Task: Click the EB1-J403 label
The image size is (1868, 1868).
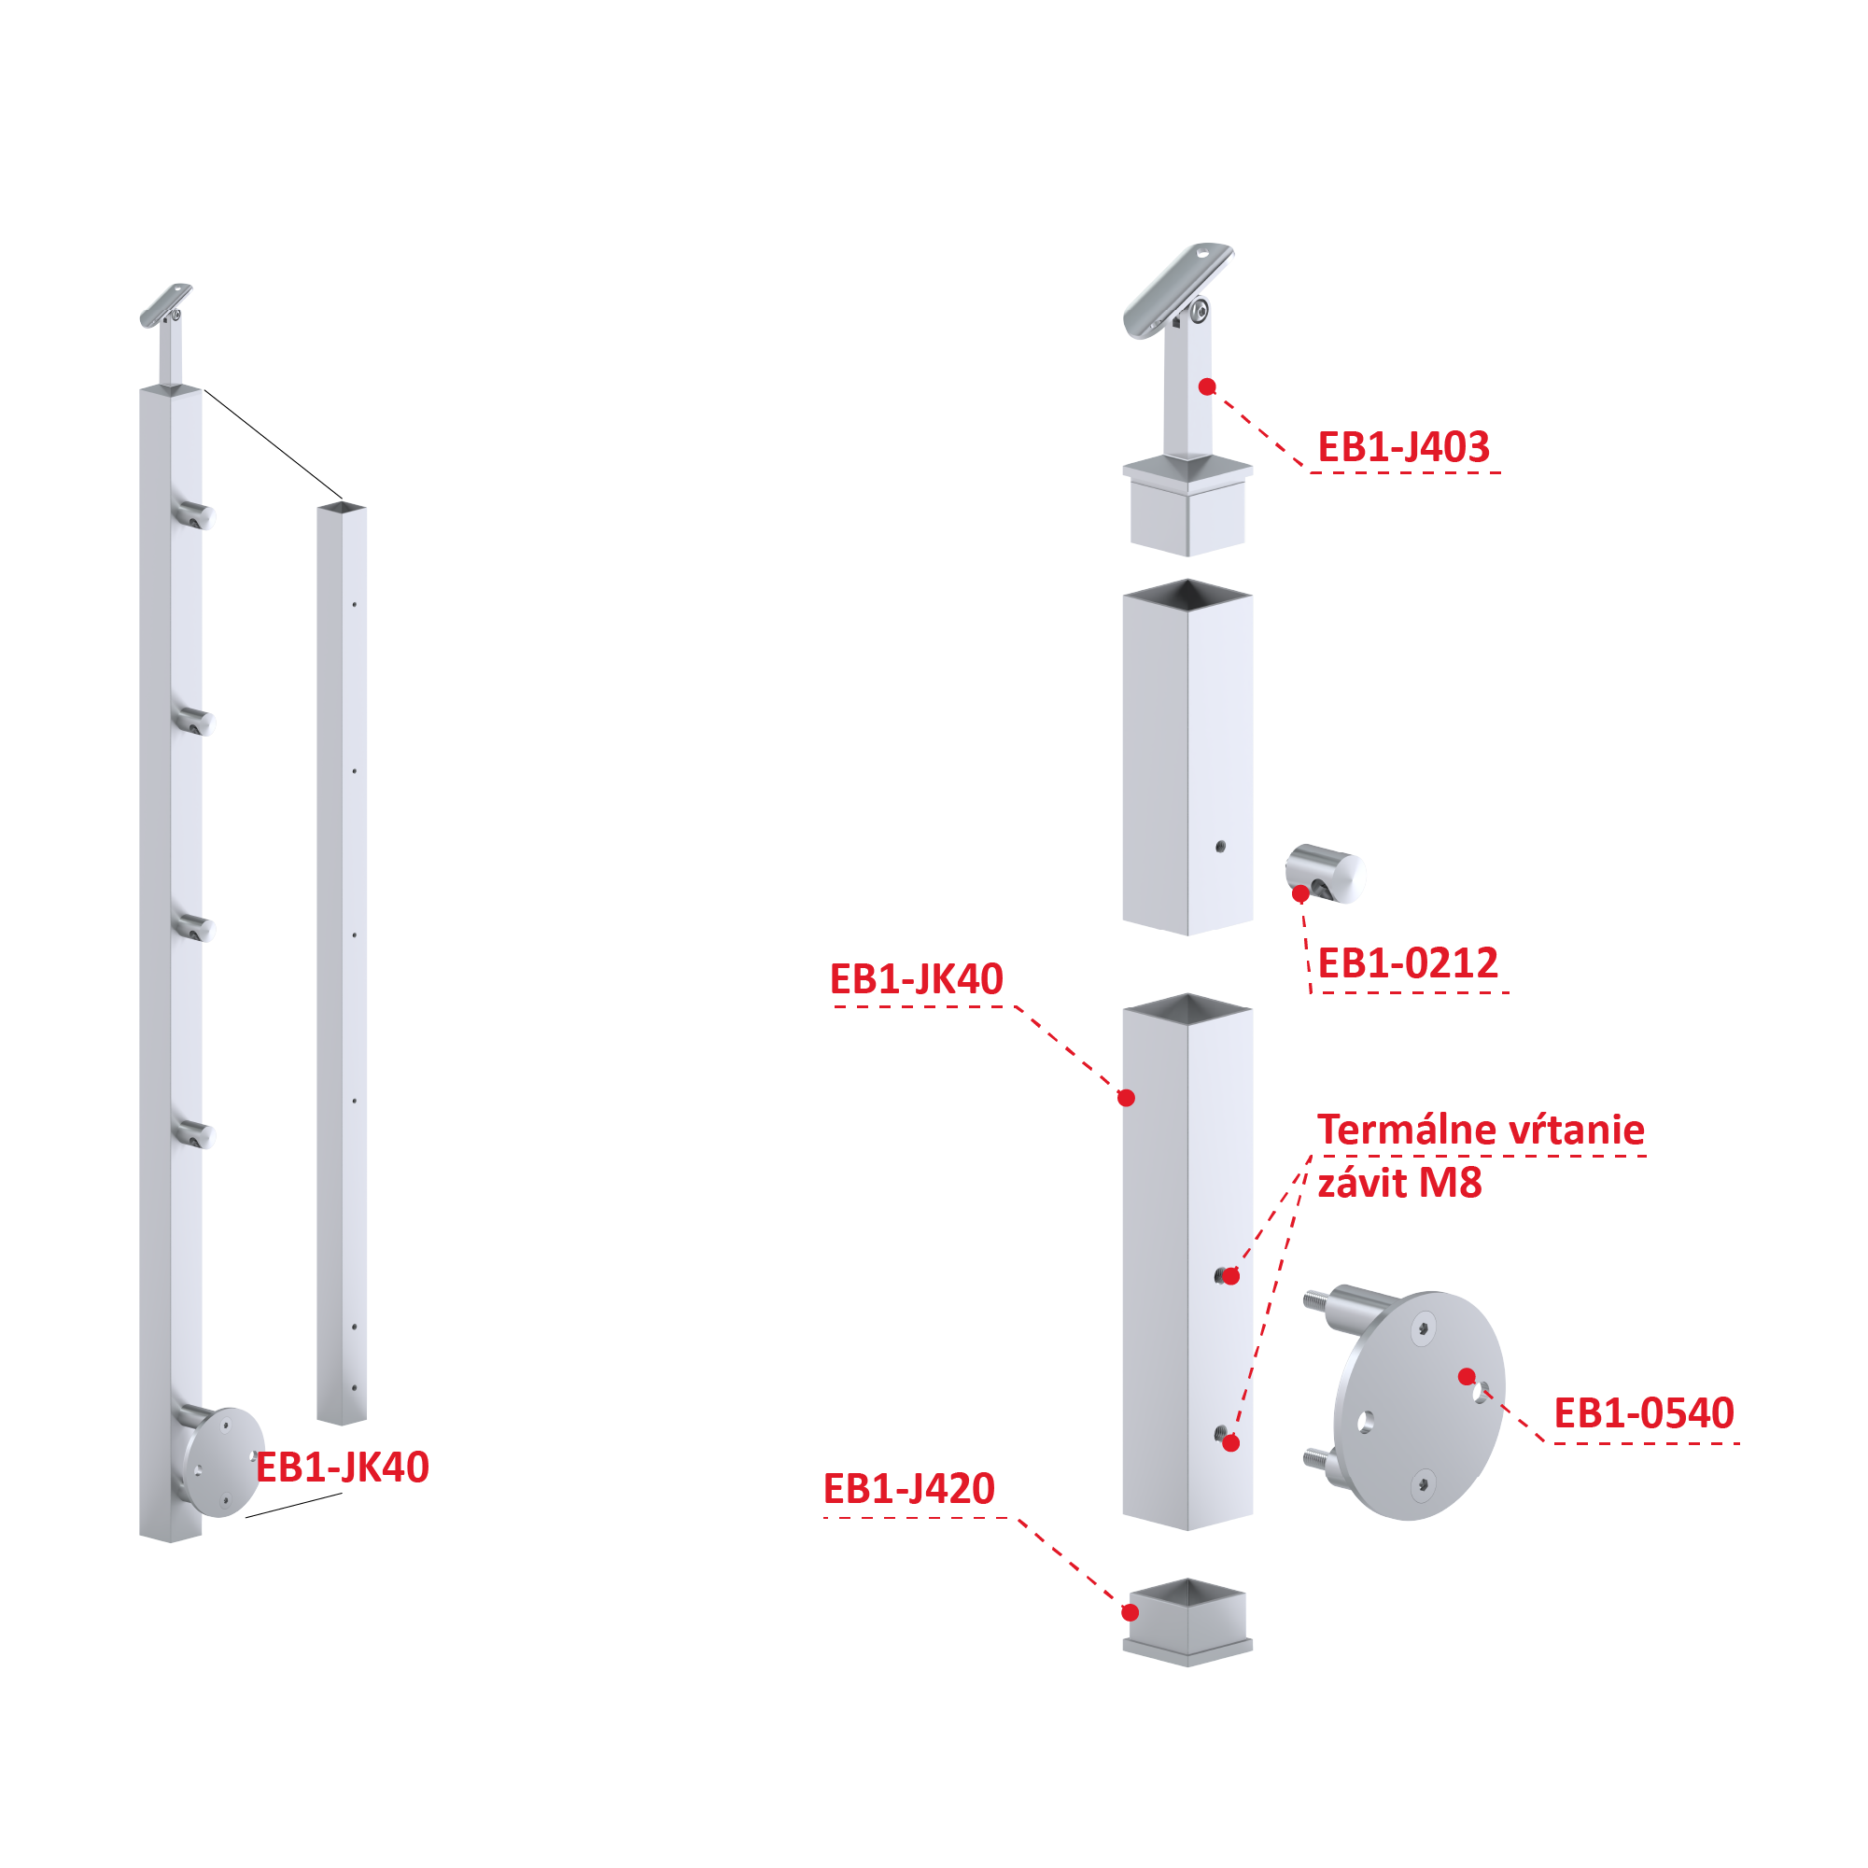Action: click(1404, 448)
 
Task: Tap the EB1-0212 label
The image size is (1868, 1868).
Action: click(1408, 963)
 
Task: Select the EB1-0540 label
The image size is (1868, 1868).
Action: click(1644, 1413)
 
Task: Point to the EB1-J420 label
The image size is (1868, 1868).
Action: click(909, 1489)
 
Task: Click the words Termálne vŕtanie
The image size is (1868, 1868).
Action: click(1481, 1130)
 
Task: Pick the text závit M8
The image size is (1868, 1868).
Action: click(1399, 1184)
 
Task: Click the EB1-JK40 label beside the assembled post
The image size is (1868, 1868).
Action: click(343, 1468)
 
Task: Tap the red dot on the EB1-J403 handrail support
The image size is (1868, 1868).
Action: click(1207, 386)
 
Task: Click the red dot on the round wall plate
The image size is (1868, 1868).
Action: click(1467, 1376)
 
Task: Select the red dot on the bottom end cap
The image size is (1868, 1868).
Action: click(1130, 1613)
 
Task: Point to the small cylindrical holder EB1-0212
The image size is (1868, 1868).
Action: click(1325, 874)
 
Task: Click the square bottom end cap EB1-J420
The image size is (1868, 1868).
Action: click(1187, 1623)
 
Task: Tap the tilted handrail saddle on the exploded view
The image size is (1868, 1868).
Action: click(1178, 289)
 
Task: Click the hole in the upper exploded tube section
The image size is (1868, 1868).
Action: click(1220, 847)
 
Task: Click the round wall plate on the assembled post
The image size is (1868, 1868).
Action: click(222, 1462)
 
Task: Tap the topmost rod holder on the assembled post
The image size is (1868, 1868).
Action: click(193, 514)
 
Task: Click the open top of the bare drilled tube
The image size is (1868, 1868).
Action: click(343, 507)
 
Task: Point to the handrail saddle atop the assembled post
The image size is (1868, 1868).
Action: click(165, 304)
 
